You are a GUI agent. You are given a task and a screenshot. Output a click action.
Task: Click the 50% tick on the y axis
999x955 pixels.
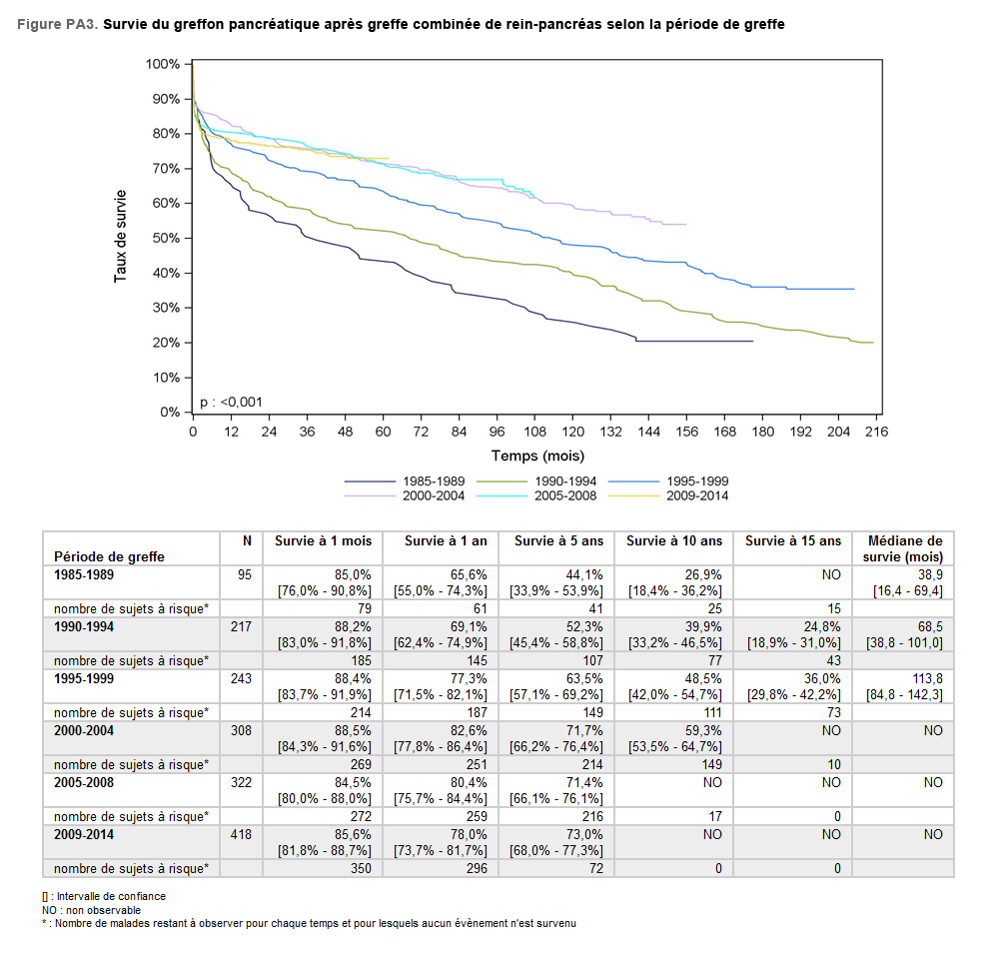point(166,238)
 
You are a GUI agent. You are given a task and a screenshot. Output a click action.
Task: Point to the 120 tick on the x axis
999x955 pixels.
point(573,432)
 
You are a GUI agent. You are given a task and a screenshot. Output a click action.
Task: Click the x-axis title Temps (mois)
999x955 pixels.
point(538,456)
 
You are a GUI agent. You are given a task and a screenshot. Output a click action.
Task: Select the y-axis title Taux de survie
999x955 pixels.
point(121,236)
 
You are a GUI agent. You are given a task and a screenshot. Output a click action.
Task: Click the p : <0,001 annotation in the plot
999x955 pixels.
point(231,402)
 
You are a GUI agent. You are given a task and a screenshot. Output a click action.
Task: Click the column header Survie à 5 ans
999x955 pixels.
point(558,540)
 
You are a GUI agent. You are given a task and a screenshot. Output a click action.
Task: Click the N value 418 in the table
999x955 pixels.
point(240,834)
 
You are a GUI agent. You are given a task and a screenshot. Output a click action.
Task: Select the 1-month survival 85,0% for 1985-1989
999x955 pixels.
point(352,574)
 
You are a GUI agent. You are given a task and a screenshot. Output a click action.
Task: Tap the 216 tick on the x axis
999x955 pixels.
point(877,432)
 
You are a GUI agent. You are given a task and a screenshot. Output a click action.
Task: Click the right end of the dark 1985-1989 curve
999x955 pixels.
point(752,342)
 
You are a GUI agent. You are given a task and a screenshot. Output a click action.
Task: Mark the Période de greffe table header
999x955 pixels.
point(109,556)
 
